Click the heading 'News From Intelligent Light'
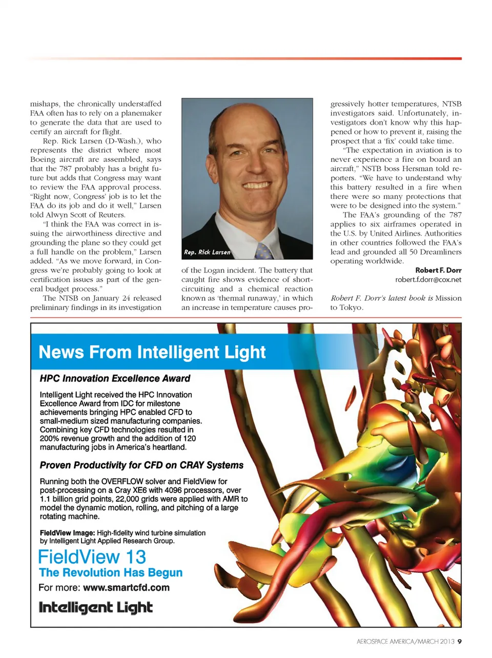(x=152, y=352)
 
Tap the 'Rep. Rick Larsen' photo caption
(x=207, y=252)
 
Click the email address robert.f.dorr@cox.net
(x=428, y=280)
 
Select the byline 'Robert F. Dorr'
(x=438, y=270)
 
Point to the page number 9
(x=459, y=641)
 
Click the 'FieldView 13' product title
(x=92, y=557)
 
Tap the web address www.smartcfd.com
(x=126, y=588)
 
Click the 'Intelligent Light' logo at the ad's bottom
(x=96, y=608)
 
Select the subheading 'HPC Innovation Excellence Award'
(x=115, y=379)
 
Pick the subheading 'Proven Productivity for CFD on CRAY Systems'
(x=141, y=465)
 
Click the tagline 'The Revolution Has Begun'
(x=111, y=573)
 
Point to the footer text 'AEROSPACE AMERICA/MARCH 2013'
(x=405, y=641)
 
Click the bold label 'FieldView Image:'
(x=67, y=533)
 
